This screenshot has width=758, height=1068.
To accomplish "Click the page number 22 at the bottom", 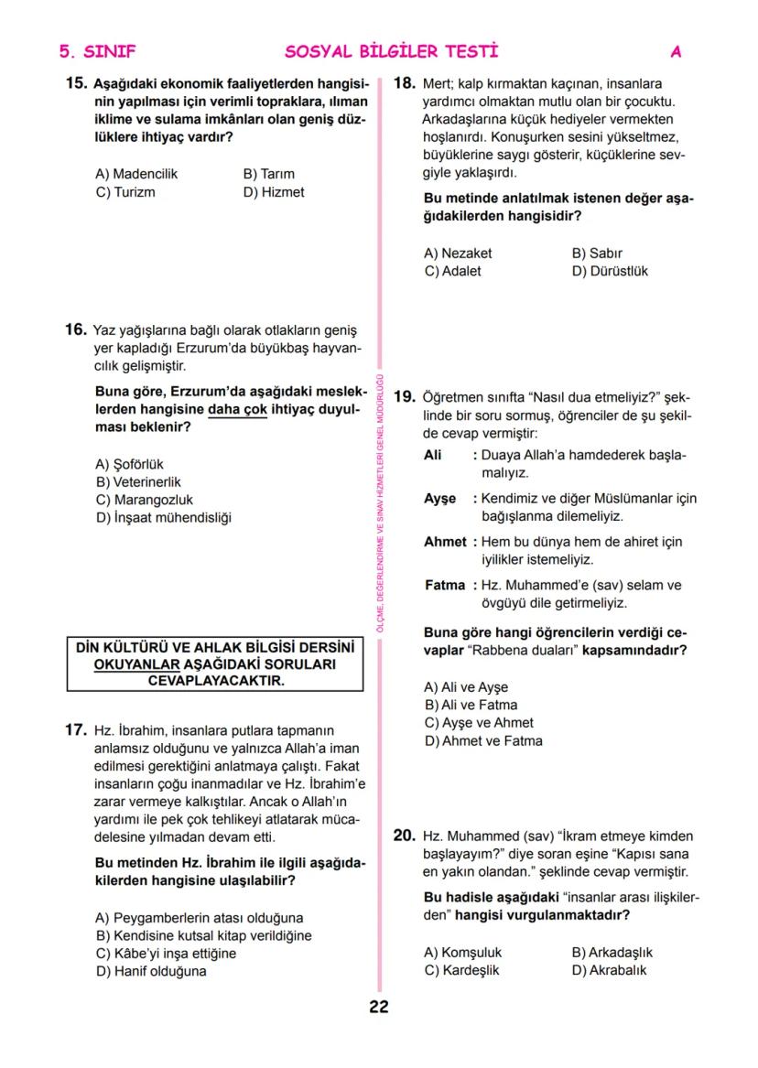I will (x=379, y=1008).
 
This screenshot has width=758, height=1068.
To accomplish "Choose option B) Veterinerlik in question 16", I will (x=139, y=481).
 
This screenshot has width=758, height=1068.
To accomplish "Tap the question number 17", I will (x=75, y=730).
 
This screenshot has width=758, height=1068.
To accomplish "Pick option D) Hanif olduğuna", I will (x=151, y=971).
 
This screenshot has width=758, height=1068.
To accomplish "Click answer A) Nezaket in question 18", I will (x=458, y=254).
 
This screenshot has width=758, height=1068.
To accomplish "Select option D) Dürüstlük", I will (x=610, y=272).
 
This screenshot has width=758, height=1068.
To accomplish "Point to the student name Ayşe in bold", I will (x=440, y=499).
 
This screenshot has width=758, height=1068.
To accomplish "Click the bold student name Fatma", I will (x=444, y=586).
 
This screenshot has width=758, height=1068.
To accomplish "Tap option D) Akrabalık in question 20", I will (x=609, y=970).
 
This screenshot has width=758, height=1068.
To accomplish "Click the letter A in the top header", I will (x=676, y=52).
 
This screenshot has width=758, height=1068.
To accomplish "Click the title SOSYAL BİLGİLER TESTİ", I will (x=392, y=52).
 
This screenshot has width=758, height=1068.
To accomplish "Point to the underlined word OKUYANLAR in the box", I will (x=135, y=664).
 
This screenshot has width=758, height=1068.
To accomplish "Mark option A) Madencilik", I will (x=136, y=174).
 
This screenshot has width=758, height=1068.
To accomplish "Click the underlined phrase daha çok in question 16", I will (x=237, y=410).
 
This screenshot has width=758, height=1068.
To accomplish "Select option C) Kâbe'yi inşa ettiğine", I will (x=166, y=954).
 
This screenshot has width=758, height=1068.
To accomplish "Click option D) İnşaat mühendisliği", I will (x=164, y=518).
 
